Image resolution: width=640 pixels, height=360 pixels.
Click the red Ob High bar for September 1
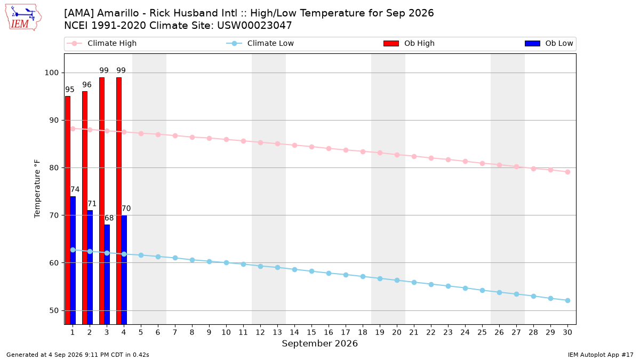[68, 210]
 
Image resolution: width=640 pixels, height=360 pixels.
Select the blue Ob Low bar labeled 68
[107, 274]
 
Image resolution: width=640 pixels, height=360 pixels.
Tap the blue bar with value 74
[73, 260]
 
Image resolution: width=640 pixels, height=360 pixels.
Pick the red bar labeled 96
[85, 207]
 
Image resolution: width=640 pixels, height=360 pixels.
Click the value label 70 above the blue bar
[126, 209]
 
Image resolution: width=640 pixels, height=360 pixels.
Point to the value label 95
[70, 90]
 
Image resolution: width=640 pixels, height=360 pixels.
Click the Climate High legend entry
[101, 43]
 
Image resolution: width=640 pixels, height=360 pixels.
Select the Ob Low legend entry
[549, 43]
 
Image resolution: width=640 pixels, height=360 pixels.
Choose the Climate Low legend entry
[260, 43]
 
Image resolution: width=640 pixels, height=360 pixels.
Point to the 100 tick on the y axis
[51, 73]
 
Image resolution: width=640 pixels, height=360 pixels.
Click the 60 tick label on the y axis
[54, 263]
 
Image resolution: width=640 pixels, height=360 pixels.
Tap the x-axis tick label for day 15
[311, 332]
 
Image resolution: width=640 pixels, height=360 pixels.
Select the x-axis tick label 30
[567, 332]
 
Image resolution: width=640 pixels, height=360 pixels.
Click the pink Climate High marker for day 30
[567, 172]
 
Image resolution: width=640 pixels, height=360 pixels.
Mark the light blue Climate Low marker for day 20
[397, 281]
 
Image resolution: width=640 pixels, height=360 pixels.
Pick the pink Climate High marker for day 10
[226, 139]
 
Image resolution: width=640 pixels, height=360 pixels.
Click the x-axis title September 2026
[319, 343]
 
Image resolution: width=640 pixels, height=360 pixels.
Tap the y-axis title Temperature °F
[37, 189]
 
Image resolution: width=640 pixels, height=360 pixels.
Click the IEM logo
[23, 18]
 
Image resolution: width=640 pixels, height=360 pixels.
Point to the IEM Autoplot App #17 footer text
[601, 355]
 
